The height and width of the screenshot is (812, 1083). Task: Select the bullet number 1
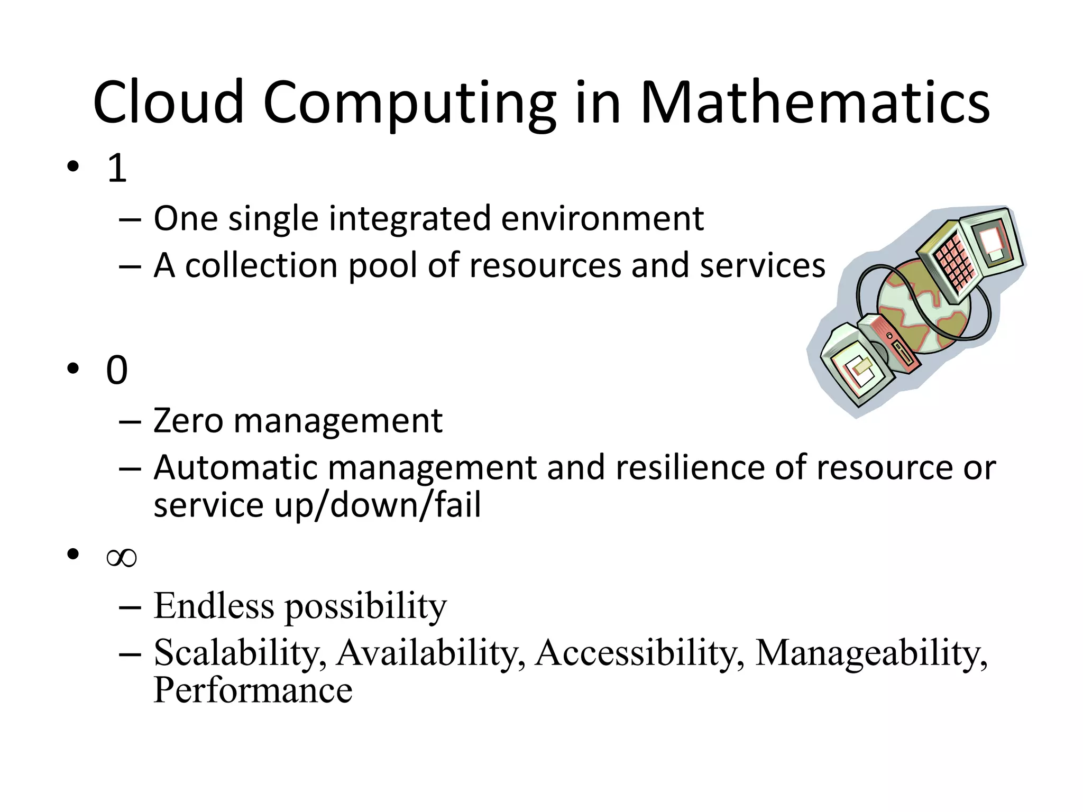(x=117, y=168)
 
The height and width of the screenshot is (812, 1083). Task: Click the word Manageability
(x=870, y=653)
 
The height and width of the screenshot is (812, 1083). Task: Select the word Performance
(x=253, y=690)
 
